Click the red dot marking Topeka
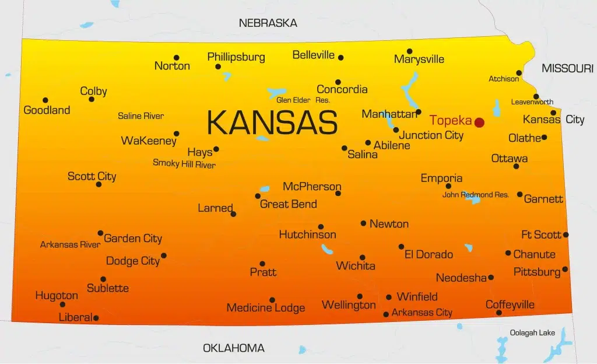(479, 122)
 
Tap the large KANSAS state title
(272, 123)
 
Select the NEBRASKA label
(268, 23)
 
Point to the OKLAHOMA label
(233, 348)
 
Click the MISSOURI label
(567, 69)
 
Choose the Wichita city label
(356, 266)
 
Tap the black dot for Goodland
(45, 100)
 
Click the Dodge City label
(132, 261)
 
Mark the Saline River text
(141, 116)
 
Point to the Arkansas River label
(70, 244)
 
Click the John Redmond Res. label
(475, 195)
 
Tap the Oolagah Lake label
(532, 332)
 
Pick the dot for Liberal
(96, 318)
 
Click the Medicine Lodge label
(265, 308)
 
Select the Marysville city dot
(409, 51)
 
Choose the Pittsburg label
(536, 272)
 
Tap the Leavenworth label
(532, 102)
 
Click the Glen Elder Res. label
(303, 100)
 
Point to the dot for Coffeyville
(498, 313)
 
